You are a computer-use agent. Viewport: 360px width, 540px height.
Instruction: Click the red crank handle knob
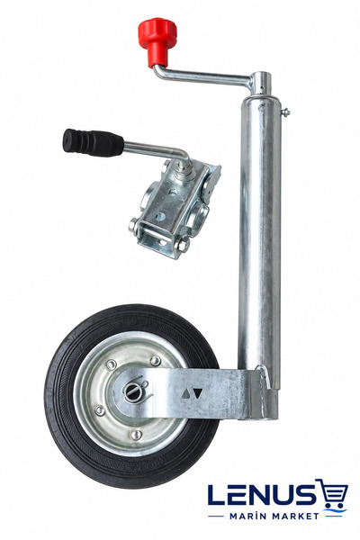(157, 40)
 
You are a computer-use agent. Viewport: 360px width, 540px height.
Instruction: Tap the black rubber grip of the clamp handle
(93, 142)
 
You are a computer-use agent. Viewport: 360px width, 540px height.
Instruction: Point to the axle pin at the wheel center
(132, 391)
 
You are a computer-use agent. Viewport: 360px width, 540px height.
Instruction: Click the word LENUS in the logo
(262, 495)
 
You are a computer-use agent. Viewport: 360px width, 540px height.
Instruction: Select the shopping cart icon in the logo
(332, 493)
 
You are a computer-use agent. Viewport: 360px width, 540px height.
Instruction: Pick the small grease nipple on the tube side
(285, 112)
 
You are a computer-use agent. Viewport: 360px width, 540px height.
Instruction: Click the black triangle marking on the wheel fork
(197, 392)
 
